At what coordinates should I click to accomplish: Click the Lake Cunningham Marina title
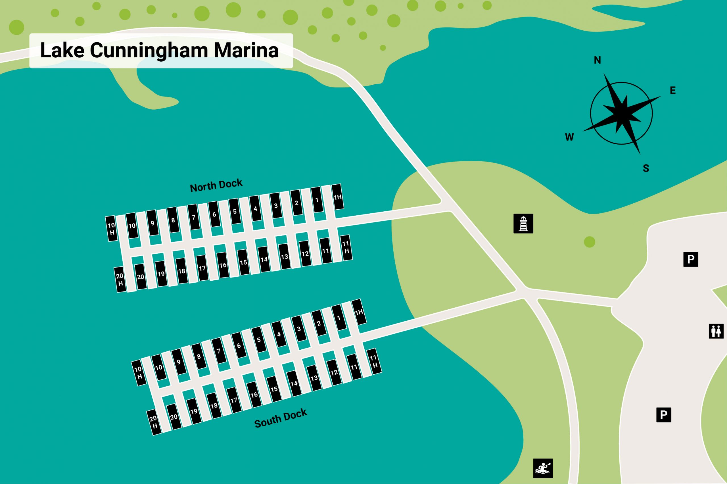click(x=159, y=51)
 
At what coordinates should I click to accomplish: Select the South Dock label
click(x=281, y=419)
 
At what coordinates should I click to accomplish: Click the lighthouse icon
click(x=523, y=223)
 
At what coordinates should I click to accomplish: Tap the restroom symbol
click(x=716, y=331)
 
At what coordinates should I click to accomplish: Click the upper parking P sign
click(x=691, y=259)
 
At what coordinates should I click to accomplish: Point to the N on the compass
click(x=598, y=60)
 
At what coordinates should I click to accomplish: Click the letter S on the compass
click(x=646, y=168)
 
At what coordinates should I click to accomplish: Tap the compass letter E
click(x=673, y=90)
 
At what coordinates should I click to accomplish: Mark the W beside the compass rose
click(x=569, y=137)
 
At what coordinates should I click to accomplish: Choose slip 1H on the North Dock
click(x=338, y=197)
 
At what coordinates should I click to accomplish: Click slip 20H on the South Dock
click(x=154, y=422)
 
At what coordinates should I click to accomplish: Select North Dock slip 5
click(x=235, y=211)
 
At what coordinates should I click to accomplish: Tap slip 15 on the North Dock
click(x=243, y=262)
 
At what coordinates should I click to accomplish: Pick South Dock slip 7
click(x=218, y=351)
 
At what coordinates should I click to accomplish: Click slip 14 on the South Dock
click(x=294, y=383)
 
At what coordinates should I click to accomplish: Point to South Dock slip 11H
click(x=374, y=361)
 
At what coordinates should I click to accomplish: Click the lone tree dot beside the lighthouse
click(x=589, y=242)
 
